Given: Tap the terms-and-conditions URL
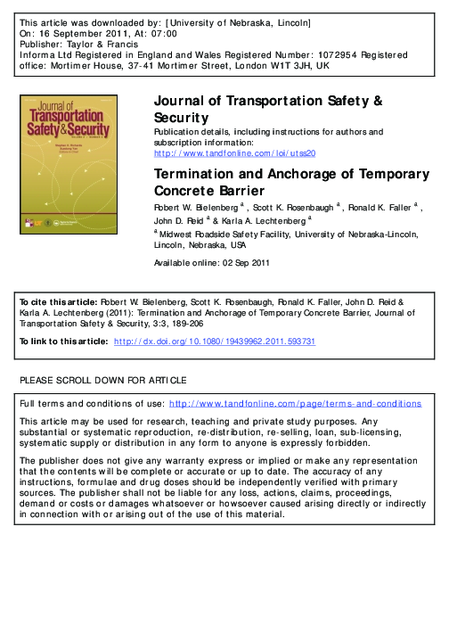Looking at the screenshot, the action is (295, 404).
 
